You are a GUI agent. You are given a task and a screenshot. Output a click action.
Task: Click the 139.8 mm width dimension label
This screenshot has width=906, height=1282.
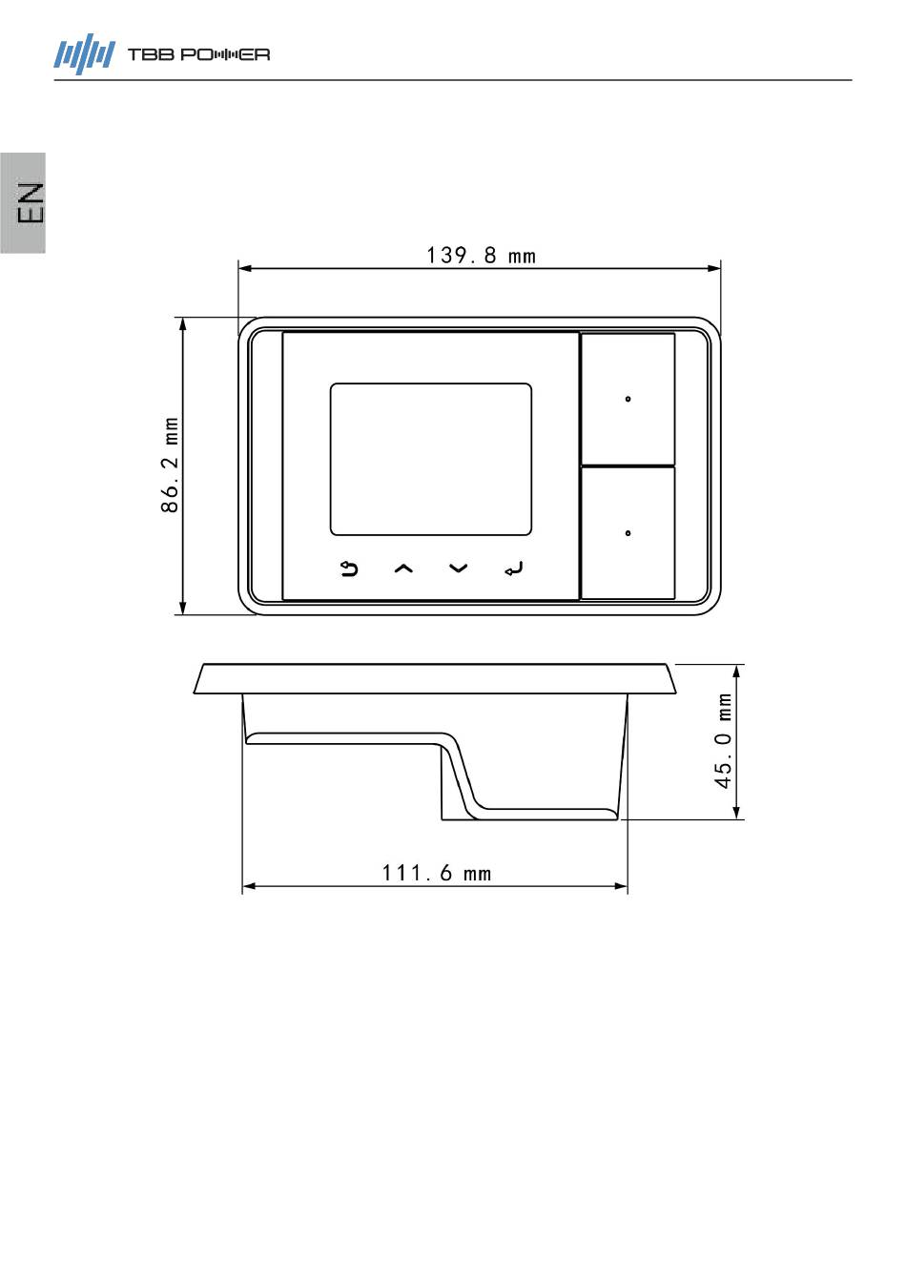click(481, 256)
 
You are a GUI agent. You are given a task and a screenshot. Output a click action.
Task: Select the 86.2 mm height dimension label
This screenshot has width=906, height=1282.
click(170, 465)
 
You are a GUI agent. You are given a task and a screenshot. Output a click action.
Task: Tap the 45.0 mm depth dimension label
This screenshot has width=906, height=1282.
click(724, 740)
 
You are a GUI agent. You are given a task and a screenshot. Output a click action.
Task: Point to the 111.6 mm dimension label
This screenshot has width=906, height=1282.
click(436, 874)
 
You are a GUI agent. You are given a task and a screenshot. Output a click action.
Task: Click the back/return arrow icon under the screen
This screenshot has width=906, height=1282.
click(349, 569)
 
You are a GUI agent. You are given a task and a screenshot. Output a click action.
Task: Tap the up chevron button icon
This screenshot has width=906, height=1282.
click(403, 569)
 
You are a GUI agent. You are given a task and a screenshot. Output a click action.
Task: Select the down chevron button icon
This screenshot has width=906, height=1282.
click(459, 568)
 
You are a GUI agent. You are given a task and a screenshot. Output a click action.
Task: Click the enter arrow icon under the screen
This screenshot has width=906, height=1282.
click(513, 569)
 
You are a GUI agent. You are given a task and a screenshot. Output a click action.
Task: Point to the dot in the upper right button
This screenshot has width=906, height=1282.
click(628, 399)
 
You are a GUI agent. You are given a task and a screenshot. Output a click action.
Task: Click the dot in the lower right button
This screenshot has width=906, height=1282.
click(628, 533)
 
